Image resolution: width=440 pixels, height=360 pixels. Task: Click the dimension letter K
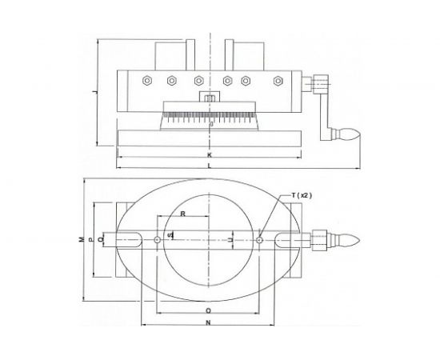209,154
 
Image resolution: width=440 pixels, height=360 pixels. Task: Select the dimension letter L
209,166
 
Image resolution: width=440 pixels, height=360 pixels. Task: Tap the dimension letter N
209,323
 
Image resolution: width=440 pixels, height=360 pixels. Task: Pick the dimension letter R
183,214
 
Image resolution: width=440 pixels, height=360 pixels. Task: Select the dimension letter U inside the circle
231,238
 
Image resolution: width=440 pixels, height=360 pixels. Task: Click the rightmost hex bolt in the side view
278,80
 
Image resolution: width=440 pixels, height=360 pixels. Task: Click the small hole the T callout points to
261,238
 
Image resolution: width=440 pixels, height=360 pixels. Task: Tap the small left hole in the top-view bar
158,238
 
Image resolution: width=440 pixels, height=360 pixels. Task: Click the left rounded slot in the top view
131,238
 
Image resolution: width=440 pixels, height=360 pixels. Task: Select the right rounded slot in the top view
289,238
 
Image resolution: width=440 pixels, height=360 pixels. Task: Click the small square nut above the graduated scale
209,98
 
